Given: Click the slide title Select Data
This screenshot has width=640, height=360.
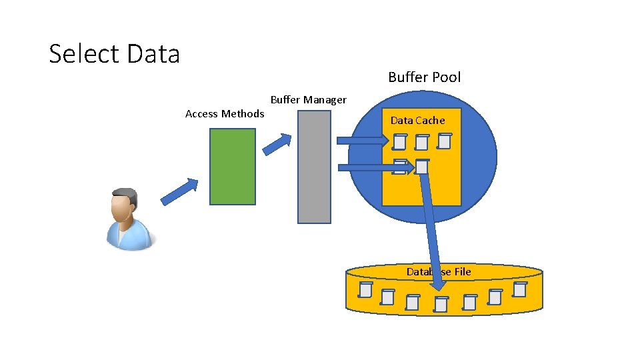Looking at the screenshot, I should pyautogui.click(x=115, y=53).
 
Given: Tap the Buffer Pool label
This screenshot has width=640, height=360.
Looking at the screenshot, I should pyautogui.click(x=424, y=77).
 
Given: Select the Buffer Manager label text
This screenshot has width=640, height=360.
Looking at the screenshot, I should pyautogui.click(x=308, y=100).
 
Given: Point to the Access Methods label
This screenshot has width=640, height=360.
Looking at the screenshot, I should pyautogui.click(x=225, y=114).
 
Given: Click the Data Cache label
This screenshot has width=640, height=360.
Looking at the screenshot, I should pyautogui.click(x=417, y=121).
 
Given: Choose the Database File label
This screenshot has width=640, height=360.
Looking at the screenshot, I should pyautogui.click(x=439, y=272).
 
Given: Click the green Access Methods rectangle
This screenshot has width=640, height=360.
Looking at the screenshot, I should pyautogui.click(x=232, y=166).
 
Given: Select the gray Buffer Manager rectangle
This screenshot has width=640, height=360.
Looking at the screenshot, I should pyautogui.click(x=313, y=167).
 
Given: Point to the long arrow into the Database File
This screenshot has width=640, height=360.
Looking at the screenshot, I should pyautogui.click(x=431, y=227).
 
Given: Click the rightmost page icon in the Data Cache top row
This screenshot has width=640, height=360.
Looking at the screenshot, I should pyautogui.click(x=445, y=141).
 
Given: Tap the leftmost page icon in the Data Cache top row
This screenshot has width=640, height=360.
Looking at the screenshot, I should pyautogui.click(x=399, y=142).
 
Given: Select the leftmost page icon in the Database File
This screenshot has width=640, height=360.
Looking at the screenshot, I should pyautogui.click(x=365, y=289).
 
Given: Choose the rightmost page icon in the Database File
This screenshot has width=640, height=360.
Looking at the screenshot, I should pyautogui.click(x=519, y=289).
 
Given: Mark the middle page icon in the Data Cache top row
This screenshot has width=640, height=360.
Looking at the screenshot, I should pyautogui.click(x=421, y=143).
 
